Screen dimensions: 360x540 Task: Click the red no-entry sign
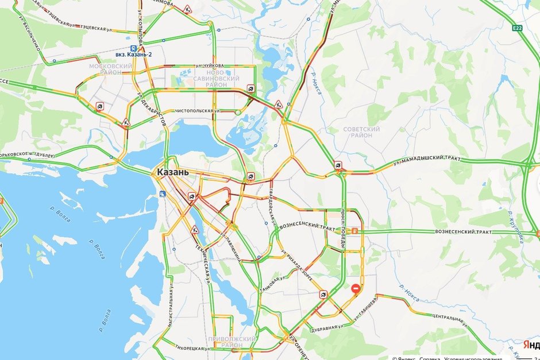(x=356, y=289)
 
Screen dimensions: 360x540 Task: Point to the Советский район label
(x=361, y=132)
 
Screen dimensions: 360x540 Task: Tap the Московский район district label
(x=111, y=69)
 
